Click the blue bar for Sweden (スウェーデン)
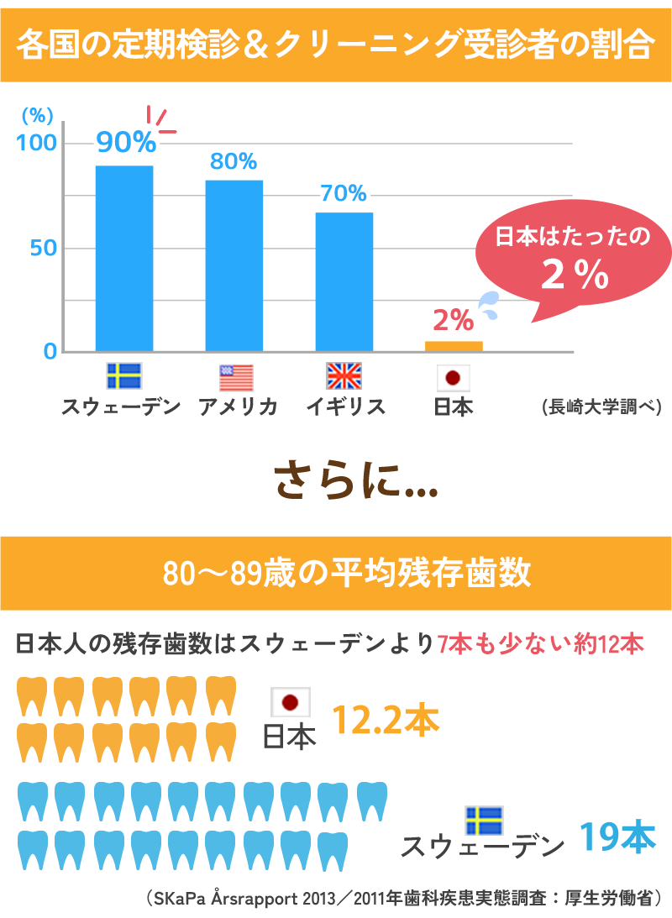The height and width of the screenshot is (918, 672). click(x=124, y=258)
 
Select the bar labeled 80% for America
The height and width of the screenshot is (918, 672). click(x=234, y=265)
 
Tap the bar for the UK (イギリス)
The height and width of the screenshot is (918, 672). click(x=344, y=281)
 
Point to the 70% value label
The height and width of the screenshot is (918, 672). click(x=343, y=194)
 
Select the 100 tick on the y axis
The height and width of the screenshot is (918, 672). click(x=37, y=143)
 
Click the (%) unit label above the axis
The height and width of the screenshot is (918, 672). click(x=37, y=116)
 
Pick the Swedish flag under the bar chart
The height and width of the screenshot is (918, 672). click(x=124, y=376)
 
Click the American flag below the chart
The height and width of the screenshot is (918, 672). click(x=236, y=378)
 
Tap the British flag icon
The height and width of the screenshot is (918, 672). click(x=344, y=376)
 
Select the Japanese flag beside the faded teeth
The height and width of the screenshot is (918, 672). click(x=291, y=702)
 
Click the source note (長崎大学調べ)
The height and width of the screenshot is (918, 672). click(x=601, y=407)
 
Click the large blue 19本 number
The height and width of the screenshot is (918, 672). click(x=617, y=838)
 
